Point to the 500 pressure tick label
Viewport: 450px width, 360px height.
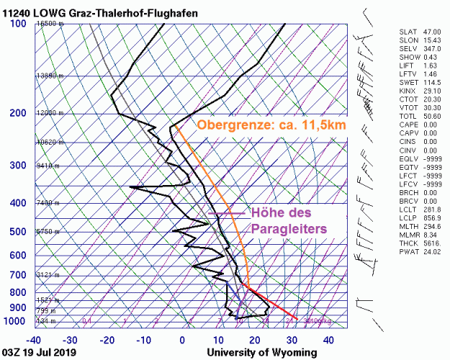[x=18, y=232]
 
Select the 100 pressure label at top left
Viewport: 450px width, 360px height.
[x=18, y=24]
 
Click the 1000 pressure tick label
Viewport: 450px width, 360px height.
[x=16, y=320]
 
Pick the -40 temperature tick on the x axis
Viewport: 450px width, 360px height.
[x=33, y=340]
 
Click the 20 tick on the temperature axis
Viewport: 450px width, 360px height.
[x=255, y=340]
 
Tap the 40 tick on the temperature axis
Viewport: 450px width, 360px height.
[x=328, y=340]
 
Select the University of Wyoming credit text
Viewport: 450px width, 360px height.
[x=261, y=352]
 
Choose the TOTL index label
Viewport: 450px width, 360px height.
[x=408, y=116]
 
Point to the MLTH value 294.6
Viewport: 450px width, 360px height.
[x=431, y=228]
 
